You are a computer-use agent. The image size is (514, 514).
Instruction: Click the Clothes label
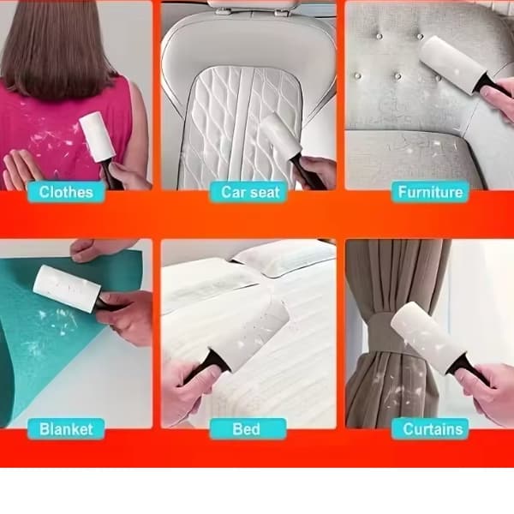pyautogui.click(x=66, y=192)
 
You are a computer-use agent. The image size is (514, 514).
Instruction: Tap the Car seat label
pyautogui.click(x=248, y=192)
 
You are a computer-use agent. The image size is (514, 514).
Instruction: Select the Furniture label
pyautogui.click(x=430, y=192)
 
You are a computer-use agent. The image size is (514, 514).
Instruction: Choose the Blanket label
pyautogui.click(x=66, y=429)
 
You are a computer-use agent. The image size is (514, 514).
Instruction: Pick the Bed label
pyautogui.click(x=248, y=429)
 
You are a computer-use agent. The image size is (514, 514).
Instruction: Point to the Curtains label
pyautogui.click(x=430, y=429)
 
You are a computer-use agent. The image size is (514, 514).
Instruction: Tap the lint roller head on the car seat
pyautogui.click(x=279, y=134)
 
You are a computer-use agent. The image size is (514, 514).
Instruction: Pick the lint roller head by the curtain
pyautogui.click(x=427, y=338)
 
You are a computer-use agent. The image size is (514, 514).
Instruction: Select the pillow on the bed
pyautogui.click(x=282, y=256)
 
